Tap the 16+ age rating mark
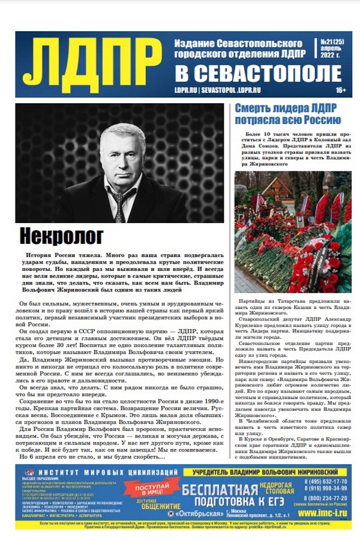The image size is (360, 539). (x=340, y=91)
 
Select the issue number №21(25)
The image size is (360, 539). (x=332, y=43)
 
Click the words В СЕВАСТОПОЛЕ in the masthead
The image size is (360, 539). (x=258, y=74)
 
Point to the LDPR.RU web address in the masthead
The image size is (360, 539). (x=186, y=91)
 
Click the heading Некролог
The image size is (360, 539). (x=61, y=236)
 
